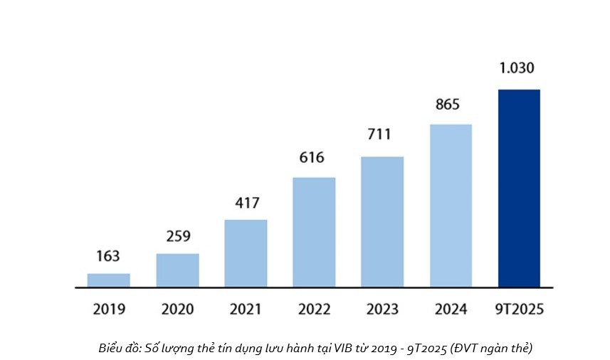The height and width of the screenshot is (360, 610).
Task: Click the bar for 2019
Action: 108,280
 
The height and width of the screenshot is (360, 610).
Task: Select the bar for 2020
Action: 177,270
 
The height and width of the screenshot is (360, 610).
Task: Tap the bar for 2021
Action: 246,253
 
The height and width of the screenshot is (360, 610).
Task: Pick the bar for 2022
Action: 314,232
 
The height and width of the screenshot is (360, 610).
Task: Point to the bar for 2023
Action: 382,222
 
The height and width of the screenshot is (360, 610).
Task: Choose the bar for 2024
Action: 451,206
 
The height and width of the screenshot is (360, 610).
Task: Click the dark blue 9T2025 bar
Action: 519,189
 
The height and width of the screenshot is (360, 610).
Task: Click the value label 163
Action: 108,256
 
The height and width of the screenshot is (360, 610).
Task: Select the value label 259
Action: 177,236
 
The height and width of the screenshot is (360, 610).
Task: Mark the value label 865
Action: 448,105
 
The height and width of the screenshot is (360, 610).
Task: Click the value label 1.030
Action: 517,68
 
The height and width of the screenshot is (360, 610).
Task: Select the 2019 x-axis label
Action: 108,309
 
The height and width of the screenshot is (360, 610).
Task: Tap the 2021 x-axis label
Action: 246,309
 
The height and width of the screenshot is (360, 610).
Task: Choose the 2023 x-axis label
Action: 382,309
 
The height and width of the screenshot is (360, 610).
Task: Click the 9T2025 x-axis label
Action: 519,309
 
